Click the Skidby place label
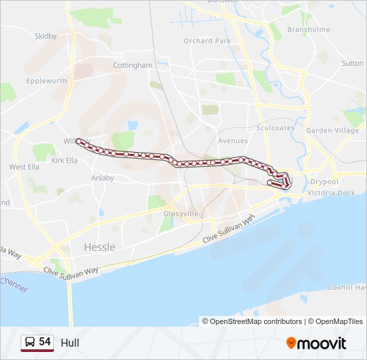tap(45, 37)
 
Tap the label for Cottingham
tap(133, 66)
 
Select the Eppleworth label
tap(47, 81)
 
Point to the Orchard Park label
tap(207, 41)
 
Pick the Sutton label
tap(352, 63)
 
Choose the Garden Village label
tap(332, 131)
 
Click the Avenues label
tap(233, 141)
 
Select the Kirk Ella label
tap(65, 161)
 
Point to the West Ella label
tap(24, 167)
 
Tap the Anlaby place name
tap(102, 178)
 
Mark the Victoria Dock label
tap(331, 193)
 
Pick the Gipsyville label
tap(177, 214)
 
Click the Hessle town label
tap(99, 247)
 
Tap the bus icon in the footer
tap(30, 343)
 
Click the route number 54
tap(45, 342)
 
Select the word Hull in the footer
tap(69, 343)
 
